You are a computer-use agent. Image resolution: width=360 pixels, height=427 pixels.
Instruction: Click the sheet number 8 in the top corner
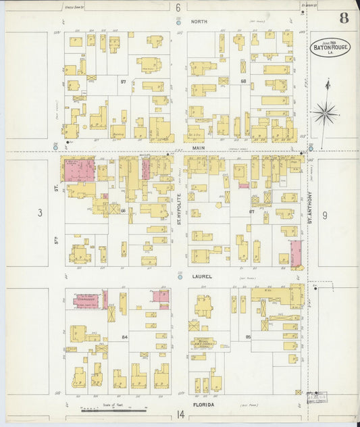coord(344,18)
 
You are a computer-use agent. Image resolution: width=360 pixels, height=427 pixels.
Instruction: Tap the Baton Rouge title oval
coord(330,47)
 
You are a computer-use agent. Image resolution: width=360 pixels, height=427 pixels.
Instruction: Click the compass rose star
coord(325,112)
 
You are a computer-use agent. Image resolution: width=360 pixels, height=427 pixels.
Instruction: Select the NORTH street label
coord(199,22)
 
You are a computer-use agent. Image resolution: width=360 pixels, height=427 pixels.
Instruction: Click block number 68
coord(242,81)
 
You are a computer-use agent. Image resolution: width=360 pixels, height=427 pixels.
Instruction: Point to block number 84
coord(124,336)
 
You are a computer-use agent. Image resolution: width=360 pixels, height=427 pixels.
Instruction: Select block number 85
coord(249,336)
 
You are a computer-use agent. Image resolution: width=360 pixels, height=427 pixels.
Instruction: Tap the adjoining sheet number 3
coord(40,214)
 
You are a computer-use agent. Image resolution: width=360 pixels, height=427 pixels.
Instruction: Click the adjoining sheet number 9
coord(325,215)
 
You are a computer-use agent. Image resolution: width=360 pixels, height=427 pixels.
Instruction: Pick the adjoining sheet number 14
coord(180,414)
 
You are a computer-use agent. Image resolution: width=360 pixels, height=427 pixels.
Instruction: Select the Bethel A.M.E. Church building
coord(203,344)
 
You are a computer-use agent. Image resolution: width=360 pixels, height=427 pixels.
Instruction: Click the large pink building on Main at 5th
coord(80,170)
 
